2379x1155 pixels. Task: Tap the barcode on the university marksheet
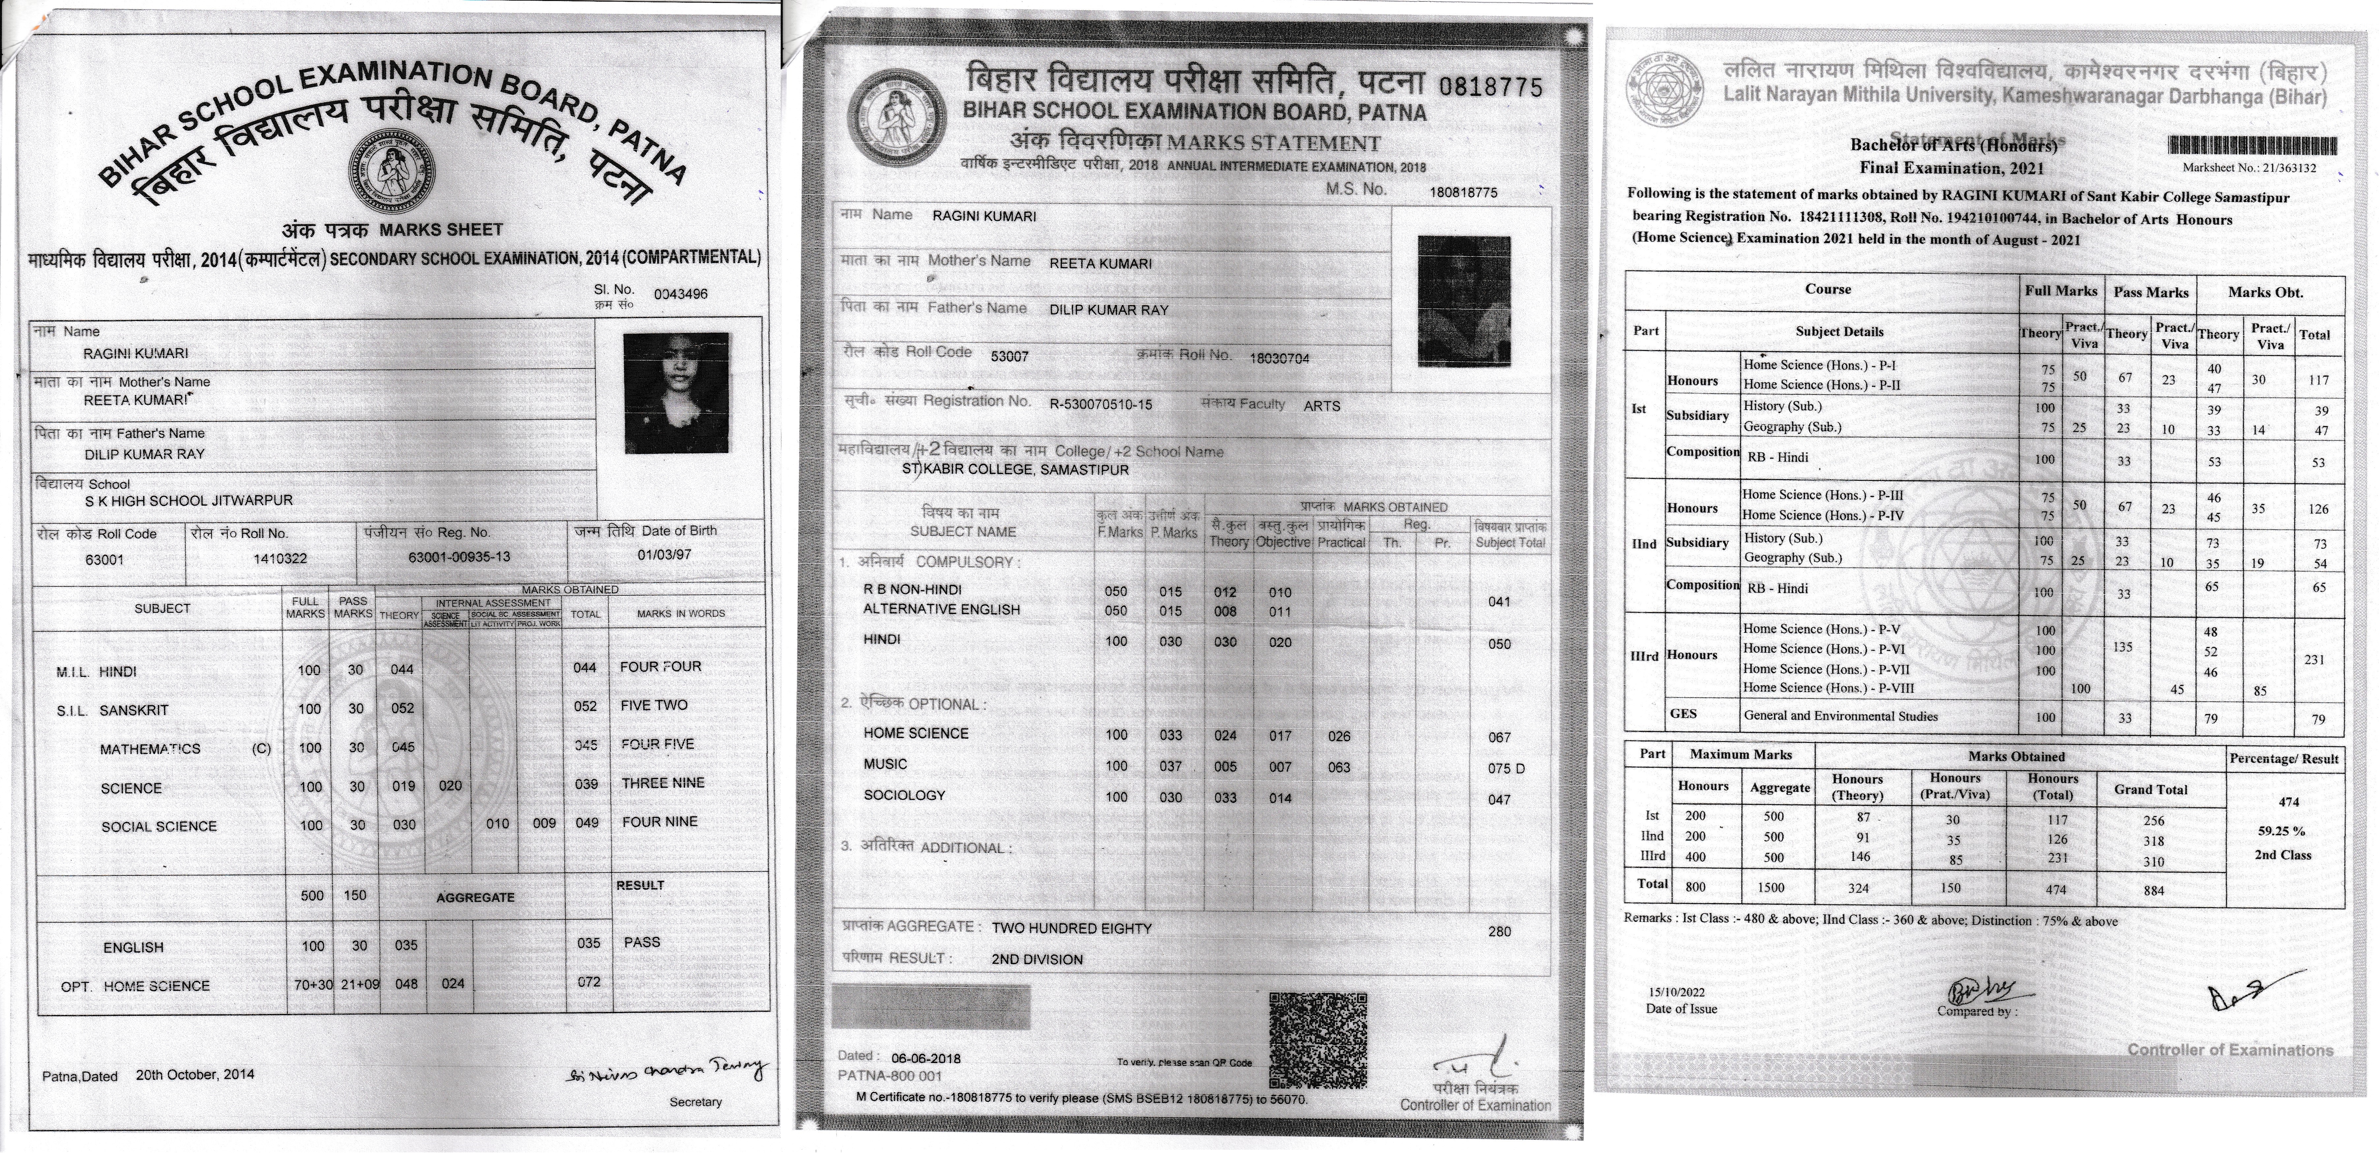pos(2251,146)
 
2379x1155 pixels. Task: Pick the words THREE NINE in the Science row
pos(662,783)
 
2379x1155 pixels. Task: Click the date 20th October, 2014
pos(195,1075)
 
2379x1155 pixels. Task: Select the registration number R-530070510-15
pos(1100,404)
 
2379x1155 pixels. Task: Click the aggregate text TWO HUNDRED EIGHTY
pos(1071,928)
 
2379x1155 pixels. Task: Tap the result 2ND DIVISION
pos(1037,959)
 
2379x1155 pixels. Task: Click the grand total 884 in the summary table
pos(2153,891)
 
